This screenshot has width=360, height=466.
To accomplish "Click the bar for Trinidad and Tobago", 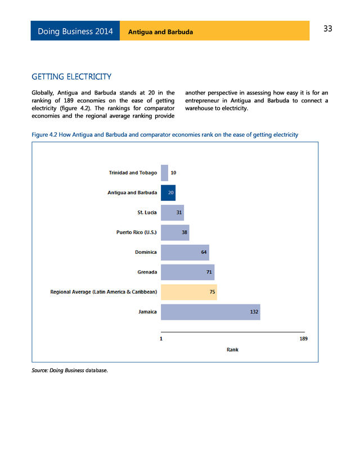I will click(164, 173).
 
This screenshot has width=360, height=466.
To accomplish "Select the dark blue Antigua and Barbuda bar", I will click(168, 192).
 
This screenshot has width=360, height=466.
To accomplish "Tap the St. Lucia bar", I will click(172, 212).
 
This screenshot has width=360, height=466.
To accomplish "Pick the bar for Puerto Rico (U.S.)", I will click(175, 232).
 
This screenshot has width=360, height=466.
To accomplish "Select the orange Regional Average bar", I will click(189, 292).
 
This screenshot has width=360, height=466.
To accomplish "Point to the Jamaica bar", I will click(210, 312).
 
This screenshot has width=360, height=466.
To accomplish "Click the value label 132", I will click(254, 312).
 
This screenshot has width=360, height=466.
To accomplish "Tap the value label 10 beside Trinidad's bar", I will click(173, 173).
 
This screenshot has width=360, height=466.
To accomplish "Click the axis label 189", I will click(303, 339).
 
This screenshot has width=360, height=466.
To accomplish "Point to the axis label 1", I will click(161, 339).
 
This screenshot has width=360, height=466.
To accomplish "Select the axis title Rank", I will click(232, 349).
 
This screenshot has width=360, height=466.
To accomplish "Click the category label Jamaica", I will click(147, 312).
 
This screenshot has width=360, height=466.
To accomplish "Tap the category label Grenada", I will click(147, 272).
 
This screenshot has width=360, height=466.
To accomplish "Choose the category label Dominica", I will click(146, 252).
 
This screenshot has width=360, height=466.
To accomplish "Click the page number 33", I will click(328, 29).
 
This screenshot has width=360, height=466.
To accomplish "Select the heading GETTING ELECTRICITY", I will click(71, 77).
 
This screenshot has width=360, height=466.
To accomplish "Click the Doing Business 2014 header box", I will click(75, 32).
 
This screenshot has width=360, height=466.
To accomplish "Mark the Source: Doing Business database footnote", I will click(69, 370).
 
